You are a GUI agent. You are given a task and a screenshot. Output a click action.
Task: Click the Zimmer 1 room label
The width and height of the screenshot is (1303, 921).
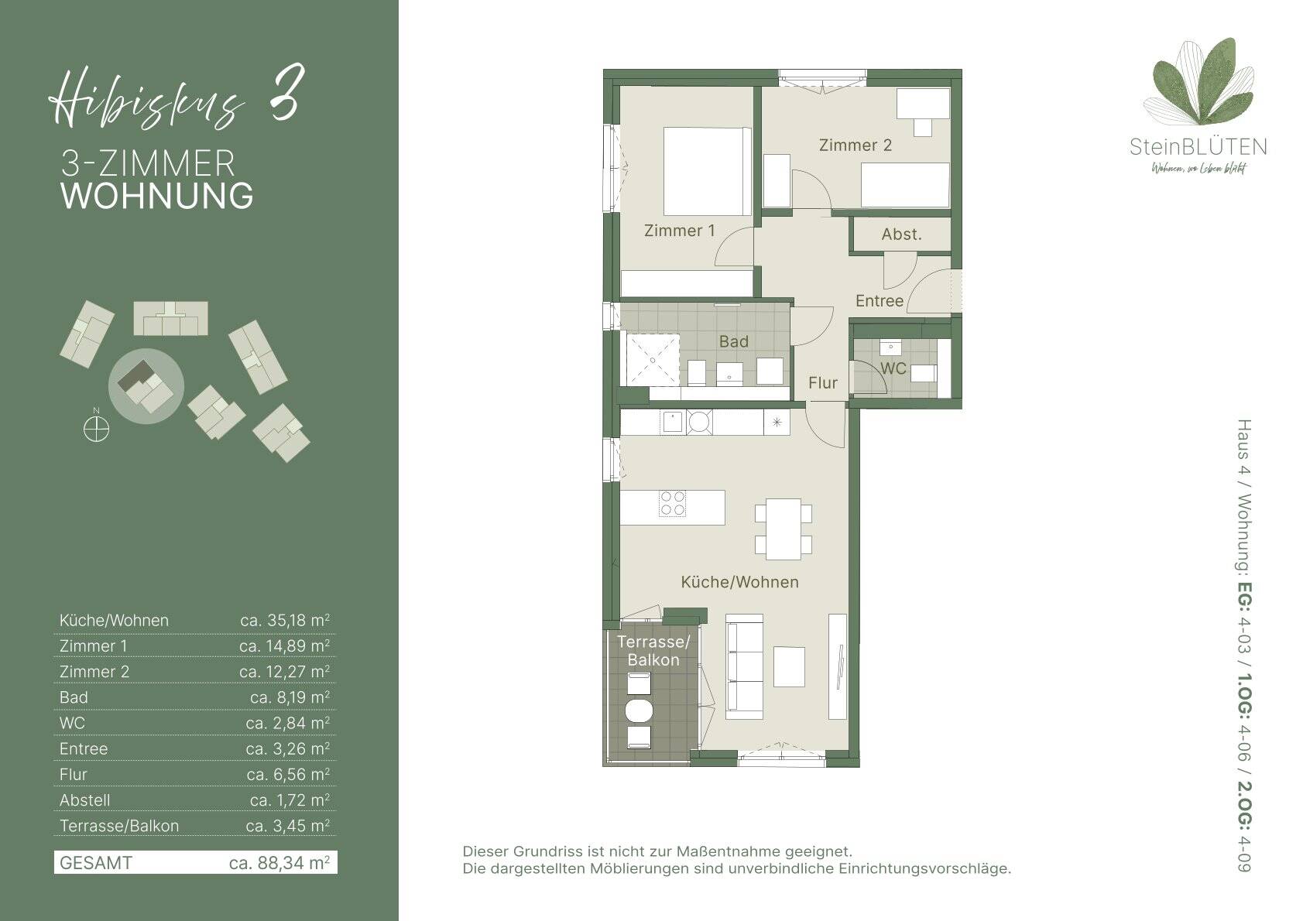pos(680,231)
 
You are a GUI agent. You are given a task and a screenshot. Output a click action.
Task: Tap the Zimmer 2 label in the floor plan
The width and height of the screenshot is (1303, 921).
pos(855,145)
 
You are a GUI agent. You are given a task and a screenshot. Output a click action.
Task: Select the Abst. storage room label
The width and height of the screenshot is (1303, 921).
pos(901,235)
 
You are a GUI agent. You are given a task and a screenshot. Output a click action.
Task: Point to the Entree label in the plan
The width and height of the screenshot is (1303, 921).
pos(879,300)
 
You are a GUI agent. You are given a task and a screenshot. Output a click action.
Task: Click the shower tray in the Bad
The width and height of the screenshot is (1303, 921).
pos(652,359)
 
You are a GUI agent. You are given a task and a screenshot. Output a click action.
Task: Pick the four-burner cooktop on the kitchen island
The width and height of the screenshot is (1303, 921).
pos(673,504)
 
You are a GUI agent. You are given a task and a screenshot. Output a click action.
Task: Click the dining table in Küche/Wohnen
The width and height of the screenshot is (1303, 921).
pos(783,529)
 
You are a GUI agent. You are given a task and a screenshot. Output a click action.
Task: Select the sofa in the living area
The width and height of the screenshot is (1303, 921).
pos(744,666)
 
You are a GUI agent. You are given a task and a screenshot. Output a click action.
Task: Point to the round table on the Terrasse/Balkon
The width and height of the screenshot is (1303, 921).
pos(639,710)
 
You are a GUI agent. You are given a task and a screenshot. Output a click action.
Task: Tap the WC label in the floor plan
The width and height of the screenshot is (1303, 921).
pos(893,368)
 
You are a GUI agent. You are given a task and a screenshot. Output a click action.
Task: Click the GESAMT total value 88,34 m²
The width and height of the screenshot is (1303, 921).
pos(279,862)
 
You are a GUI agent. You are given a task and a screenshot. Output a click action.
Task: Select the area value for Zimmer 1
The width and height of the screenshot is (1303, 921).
pos(284,646)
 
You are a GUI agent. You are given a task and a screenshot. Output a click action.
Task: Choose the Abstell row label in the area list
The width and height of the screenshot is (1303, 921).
pos(84,800)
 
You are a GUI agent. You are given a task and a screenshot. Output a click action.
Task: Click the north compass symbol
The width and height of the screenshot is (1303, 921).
pos(96,429)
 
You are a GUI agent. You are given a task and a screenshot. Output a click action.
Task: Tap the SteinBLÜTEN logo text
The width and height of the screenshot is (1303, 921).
pos(1198,147)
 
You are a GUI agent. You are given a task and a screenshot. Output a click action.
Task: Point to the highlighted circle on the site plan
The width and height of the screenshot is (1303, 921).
pos(146,386)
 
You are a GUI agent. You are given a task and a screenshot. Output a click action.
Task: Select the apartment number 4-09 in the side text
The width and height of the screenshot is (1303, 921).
pos(1243,854)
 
